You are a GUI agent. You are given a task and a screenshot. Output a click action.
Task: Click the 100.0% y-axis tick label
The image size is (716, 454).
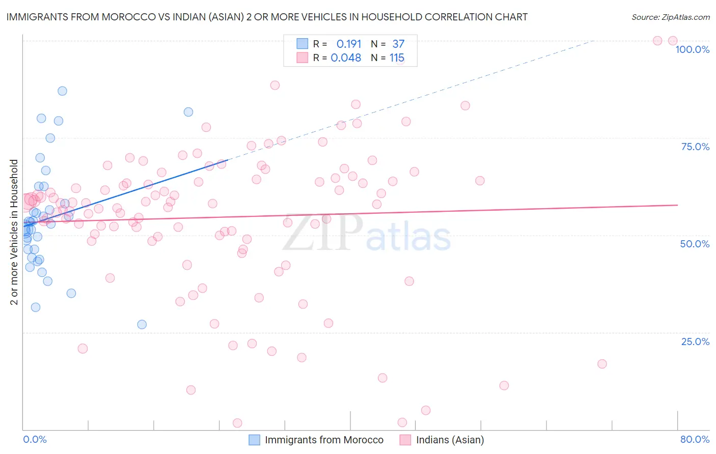(692, 49)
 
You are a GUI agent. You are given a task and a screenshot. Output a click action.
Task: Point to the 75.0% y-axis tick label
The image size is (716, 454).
(695, 147)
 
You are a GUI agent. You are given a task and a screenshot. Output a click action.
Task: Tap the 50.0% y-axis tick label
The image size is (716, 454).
(695, 244)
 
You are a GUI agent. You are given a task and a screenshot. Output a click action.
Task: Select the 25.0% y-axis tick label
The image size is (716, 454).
(695, 342)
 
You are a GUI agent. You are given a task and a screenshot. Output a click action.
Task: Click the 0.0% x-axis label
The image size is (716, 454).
(35, 439)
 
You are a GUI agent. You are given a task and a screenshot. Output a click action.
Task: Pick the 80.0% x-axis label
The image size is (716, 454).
(695, 439)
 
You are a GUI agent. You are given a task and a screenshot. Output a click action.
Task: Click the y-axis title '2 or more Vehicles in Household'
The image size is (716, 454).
(14, 232)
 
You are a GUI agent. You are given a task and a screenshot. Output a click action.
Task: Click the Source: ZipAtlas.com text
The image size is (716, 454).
(670, 17)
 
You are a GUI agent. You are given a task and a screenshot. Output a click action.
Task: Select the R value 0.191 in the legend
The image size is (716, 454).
(349, 44)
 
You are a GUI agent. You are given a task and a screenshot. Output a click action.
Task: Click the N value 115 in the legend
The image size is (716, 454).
(397, 58)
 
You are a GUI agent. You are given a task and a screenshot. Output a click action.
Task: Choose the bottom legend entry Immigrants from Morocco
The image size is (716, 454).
(324, 440)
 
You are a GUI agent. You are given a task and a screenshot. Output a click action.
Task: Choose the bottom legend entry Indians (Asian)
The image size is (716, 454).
(450, 440)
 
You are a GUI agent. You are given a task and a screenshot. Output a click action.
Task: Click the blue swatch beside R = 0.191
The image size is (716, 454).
(302, 44)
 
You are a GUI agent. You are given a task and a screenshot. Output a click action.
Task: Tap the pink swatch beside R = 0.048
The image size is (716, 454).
(302, 58)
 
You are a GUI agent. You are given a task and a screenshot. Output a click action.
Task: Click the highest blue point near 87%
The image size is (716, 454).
(62, 91)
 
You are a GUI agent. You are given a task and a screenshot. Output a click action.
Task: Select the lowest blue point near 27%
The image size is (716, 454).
(142, 324)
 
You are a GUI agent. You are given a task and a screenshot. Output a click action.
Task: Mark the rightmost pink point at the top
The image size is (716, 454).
(672, 41)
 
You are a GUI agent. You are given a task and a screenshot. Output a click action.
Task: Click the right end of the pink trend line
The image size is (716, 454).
(677, 205)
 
